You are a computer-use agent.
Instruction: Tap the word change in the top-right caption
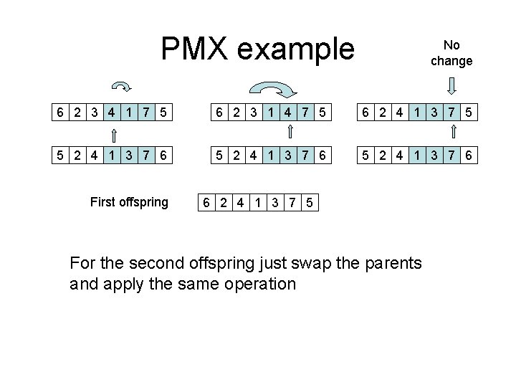(x=451, y=61)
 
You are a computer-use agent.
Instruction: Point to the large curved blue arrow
(x=272, y=90)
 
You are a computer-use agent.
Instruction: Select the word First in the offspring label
(x=102, y=202)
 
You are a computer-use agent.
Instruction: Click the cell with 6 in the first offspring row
(x=206, y=202)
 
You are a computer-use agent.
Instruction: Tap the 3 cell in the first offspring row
(x=274, y=202)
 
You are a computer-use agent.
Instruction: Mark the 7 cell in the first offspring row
(x=292, y=202)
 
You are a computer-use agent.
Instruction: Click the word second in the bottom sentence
(x=156, y=262)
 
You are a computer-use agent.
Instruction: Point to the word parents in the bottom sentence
(x=396, y=262)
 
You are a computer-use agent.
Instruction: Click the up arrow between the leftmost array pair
(x=113, y=133)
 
